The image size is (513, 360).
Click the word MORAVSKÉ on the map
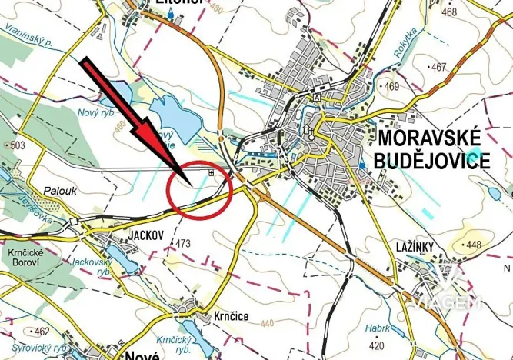(431, 139)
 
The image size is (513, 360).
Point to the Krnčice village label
(231, 316)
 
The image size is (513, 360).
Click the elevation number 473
(182, 244)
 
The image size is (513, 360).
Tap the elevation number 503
(18, 145)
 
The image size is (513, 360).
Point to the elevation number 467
(439, 68)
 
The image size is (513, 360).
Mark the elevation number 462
(42, 332)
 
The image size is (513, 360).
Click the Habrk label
(378, 327)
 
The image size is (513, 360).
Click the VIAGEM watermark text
(446, 302)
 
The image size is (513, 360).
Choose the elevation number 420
(377, 346)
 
